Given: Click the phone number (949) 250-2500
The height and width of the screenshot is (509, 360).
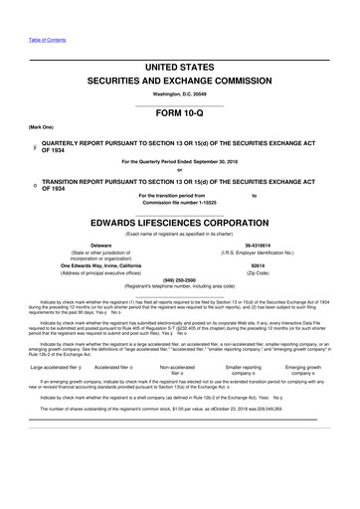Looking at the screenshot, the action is pyautogui.click(x=179, y=279).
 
